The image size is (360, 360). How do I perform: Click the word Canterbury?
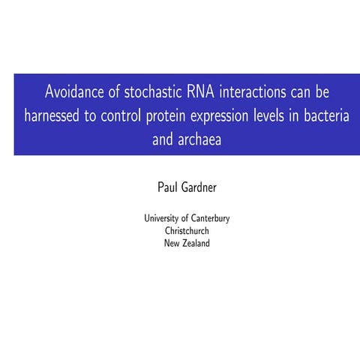click(211, 218)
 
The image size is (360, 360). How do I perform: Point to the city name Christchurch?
click(187, 230)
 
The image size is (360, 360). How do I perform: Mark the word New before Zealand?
click(172, 242)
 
